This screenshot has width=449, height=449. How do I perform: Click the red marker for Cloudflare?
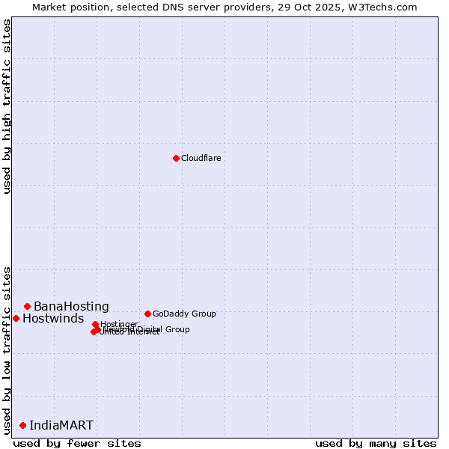pos(176,158)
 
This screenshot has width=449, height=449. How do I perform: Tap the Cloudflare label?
pos(201,158)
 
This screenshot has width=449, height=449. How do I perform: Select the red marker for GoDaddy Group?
pos(147,314)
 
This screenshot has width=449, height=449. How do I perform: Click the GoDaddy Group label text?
pos(183,314)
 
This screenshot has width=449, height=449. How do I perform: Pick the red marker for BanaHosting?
pos(27,306)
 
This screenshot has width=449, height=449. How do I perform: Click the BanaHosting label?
pos(71,307)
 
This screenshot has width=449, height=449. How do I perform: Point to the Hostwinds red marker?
pos(16,318)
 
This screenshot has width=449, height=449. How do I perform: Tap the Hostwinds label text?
pos(53,319)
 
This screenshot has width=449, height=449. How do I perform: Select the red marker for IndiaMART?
pos(22,425)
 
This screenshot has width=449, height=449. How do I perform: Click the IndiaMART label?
pos(61,426)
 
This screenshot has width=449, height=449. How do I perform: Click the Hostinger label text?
pos(119,324)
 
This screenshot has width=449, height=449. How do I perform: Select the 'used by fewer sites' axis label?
pos(77,443)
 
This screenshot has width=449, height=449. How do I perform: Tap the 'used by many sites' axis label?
pos(376,443)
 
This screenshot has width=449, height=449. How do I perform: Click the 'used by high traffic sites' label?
pos(7,106)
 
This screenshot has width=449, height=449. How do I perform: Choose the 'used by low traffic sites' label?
pos(7,349)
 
